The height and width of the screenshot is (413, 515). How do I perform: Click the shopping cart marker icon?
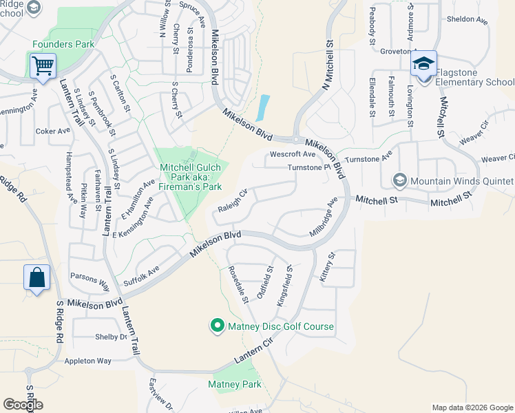pos(43,67)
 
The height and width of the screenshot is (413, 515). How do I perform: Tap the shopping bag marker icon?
pos(37,278)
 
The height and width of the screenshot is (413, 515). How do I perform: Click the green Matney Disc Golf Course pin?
pos(217,326)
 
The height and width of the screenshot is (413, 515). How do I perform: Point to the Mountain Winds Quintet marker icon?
pos(399,180)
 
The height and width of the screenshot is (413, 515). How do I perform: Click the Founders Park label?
pos(63,45)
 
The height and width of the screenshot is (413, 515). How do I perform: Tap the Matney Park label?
pos(235,384)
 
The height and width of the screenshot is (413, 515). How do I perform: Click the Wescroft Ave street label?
pos(293,154)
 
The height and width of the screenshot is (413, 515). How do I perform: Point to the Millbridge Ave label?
pos(324,217)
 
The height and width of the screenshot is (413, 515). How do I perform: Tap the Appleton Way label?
pos(87,361)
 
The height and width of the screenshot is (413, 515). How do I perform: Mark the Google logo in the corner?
pos(23,405)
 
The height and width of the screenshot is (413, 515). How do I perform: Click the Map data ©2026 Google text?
pos(472,407)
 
